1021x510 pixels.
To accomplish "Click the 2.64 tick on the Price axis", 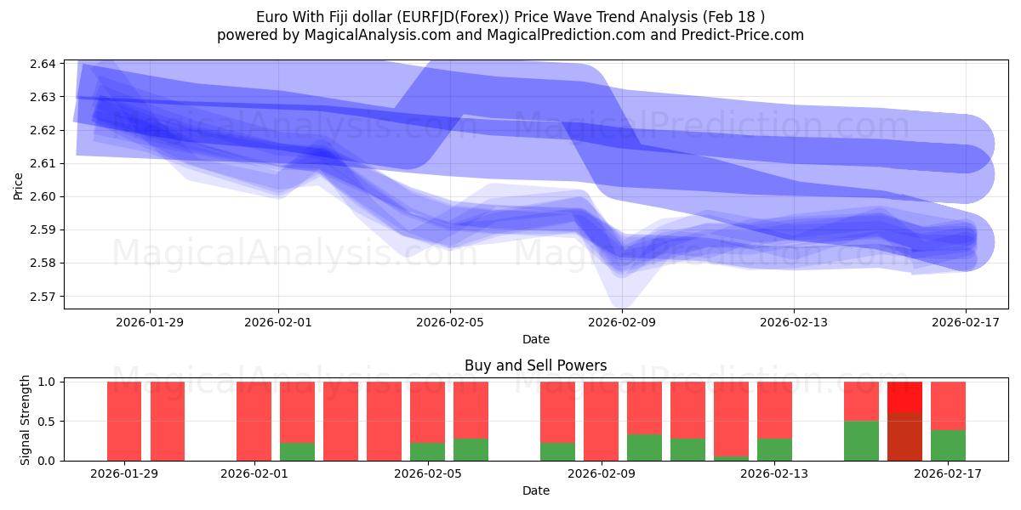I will [x=43, y=64].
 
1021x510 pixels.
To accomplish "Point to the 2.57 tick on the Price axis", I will [x=43, y=297].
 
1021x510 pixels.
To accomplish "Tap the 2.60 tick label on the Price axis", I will [x=43, y=196].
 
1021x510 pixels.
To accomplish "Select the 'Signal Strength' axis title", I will [x=26, y=420].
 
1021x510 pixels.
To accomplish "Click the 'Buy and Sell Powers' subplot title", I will [x=535, y=366].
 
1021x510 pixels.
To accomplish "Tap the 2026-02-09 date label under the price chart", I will [x=622, y=322].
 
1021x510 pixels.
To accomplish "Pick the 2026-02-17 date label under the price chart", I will [x=966, y=322].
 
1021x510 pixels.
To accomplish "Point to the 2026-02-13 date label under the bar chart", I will [x=774, y=473].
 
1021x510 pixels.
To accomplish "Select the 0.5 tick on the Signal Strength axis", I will [x=47, y=422].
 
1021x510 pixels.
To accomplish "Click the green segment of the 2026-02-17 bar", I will [x=948, y=445].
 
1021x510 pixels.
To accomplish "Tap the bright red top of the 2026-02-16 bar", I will [x=904, y=397].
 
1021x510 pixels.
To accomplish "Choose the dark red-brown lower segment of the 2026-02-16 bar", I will [x=904, y=437].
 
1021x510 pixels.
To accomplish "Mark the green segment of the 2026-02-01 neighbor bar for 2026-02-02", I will [x=297, y=451].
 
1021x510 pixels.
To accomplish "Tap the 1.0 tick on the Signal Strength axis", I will [x=47, y=382].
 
